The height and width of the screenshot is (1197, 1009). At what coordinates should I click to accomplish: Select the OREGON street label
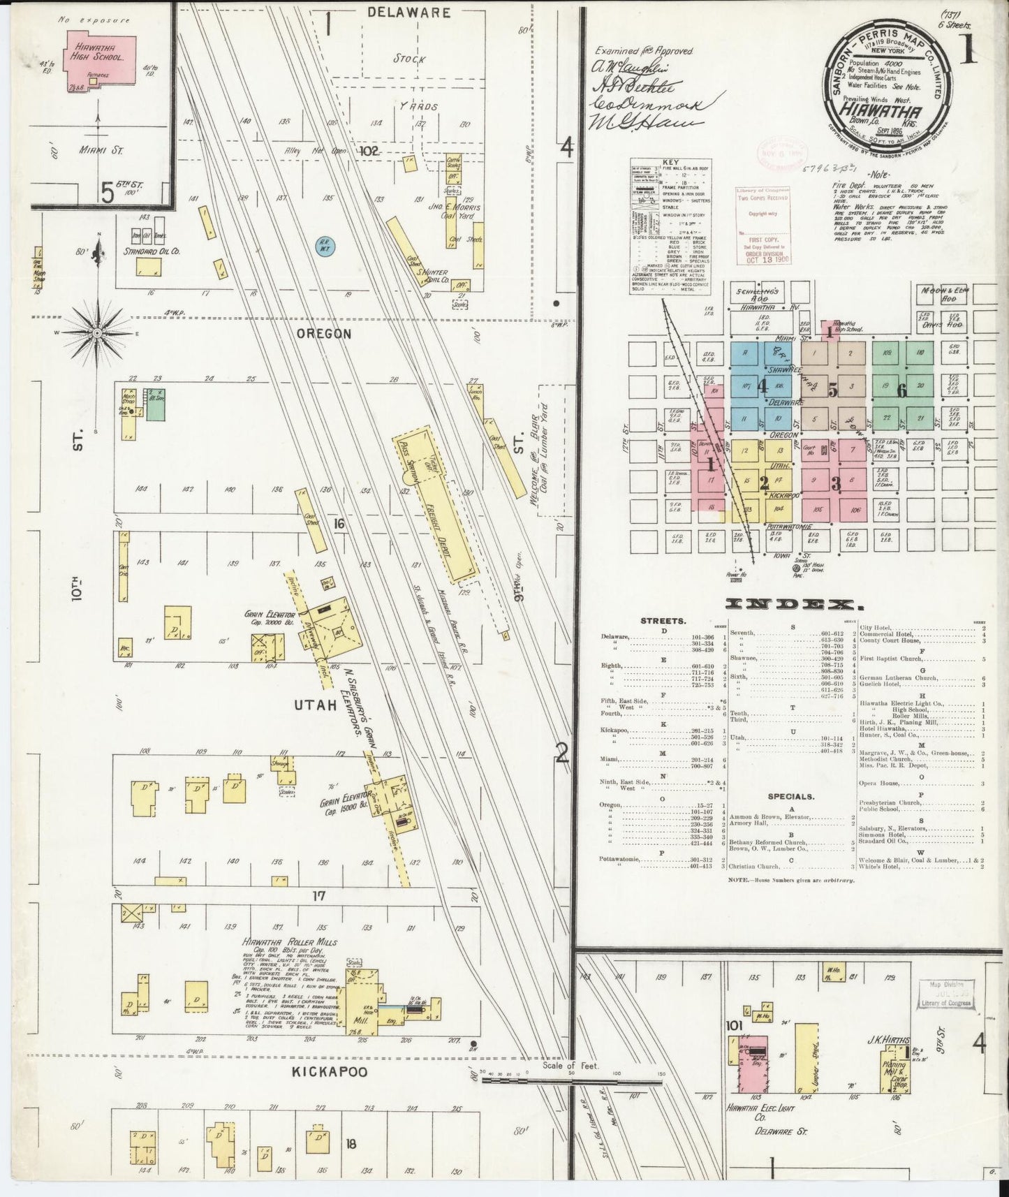point(324,334)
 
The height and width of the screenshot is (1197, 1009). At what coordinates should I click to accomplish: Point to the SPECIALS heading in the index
point(790,795)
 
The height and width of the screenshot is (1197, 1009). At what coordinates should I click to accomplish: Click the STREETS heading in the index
point(663,621)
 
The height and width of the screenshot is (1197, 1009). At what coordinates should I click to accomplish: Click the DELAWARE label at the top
point(408,13)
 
